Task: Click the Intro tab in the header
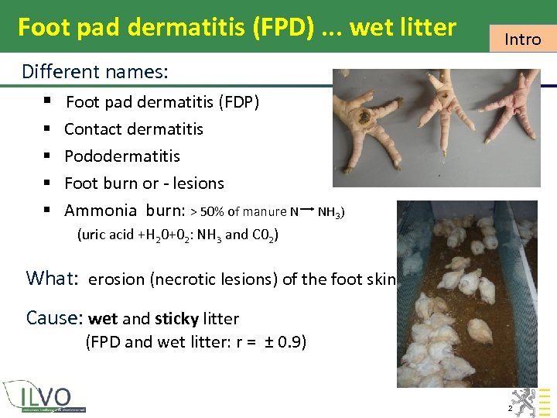pos(522,39)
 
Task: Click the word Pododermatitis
pos(122,156)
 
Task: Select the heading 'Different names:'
pos(95,73)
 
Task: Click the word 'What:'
pos(50,279)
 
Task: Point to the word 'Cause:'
pos(54,318)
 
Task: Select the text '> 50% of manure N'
pos(244,211)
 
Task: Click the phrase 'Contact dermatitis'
pos(134,129)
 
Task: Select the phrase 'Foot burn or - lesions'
pos(144,183)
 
